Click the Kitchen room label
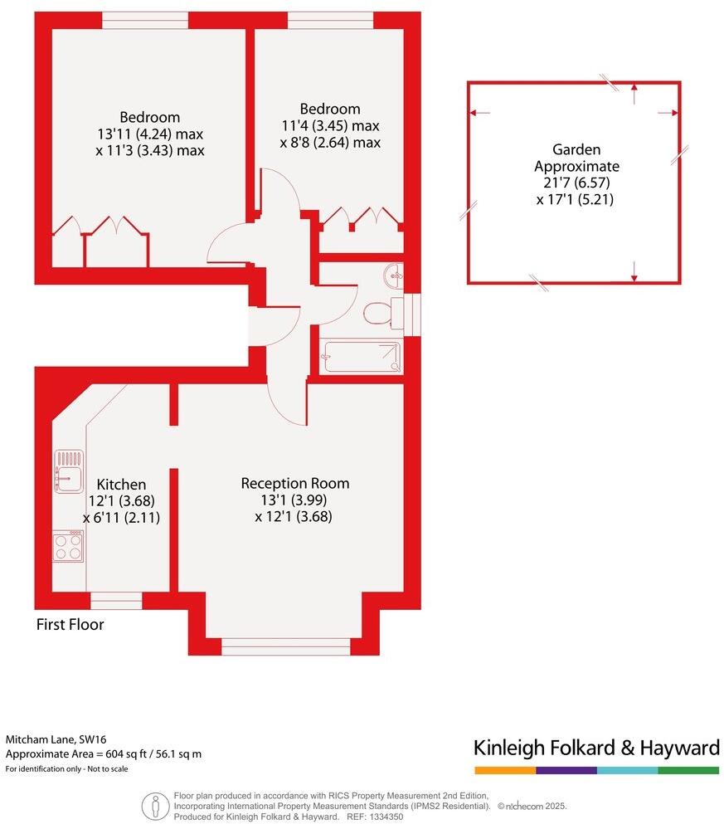click(121, 485)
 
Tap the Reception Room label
click(295, 483)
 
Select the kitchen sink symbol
click(68, 468)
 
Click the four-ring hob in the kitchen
click(68, 546)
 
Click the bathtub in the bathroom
click(362, 357)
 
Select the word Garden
click(576, 149)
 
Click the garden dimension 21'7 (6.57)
click(575, 183)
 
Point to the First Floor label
click(70, 625)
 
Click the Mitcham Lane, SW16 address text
click(56, 739)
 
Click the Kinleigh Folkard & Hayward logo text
click(596, 748)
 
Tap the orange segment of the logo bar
click(504, 770)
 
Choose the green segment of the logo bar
click(688, 770)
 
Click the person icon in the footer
click(154, 805)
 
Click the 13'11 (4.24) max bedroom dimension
click(149, 134)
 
